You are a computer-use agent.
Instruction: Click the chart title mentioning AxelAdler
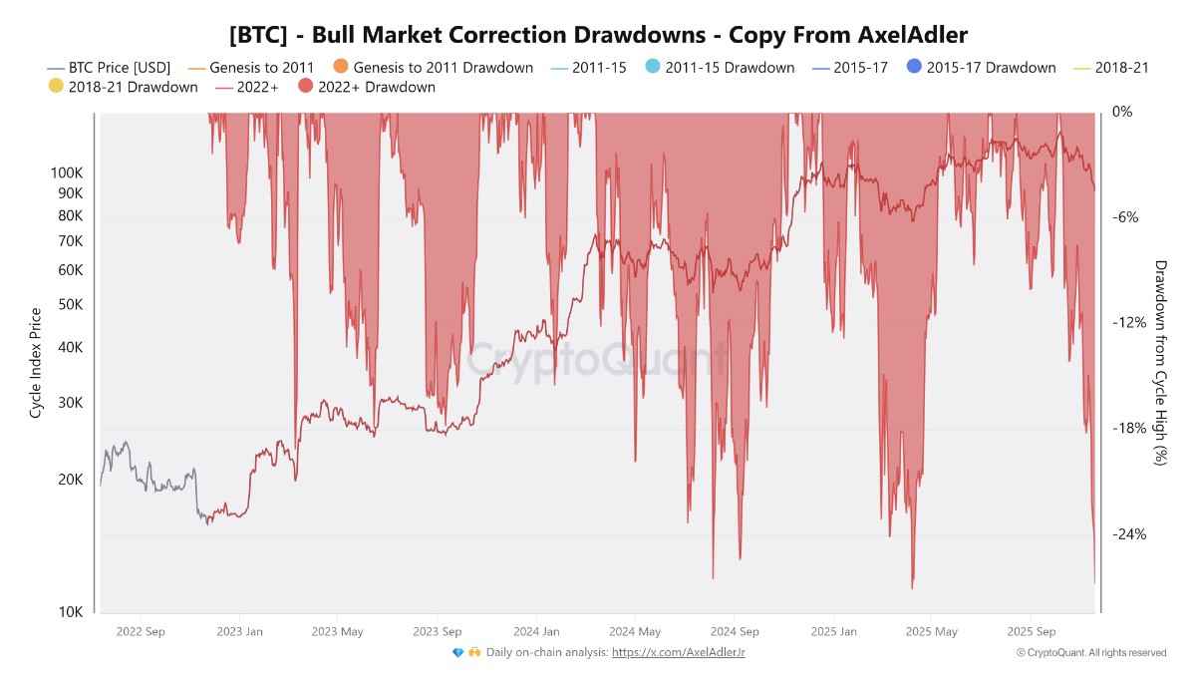[x=598, y=35]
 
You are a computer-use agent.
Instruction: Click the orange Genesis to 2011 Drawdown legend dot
[x=341, y=67]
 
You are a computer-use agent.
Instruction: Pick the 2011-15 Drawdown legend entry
[x=729, y=68]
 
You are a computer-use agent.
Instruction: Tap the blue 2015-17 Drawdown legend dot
[x=914, y=67]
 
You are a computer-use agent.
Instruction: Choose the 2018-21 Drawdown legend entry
[x=132, y=87]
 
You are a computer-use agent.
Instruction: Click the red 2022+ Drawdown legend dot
[x=306, y=87]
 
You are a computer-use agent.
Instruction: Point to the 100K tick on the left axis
[x=66, y=172]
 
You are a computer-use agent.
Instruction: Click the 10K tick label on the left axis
[x=70, y=612]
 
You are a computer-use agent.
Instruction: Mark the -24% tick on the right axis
[x=1128, y=534]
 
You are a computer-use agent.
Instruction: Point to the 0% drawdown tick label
[x=1122, y=112]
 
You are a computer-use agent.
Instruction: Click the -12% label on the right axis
[x=1128, y=323]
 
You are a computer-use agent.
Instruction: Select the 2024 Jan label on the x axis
[x=536, y=631]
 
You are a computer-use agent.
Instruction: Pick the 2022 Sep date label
[x=141, y=631]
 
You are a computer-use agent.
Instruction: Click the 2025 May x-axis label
[x=932, y=631]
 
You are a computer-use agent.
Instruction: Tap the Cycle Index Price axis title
[x=36, y=362]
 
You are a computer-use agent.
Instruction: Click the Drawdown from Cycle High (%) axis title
[x=1160, y=362]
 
